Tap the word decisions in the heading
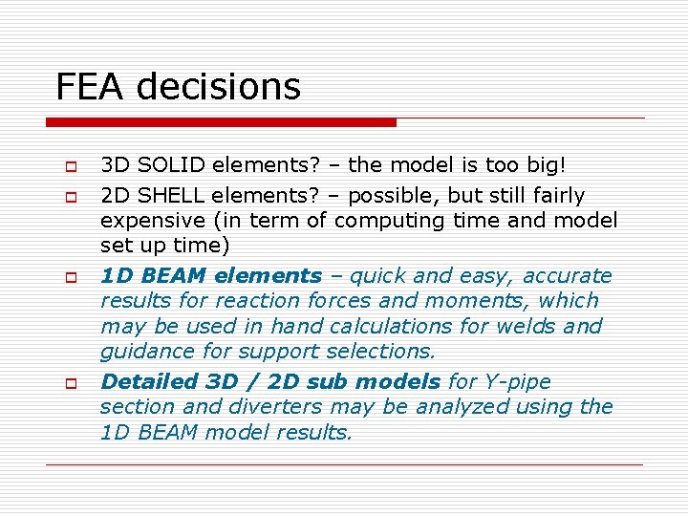click(219, 87)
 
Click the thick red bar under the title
click(221, 122)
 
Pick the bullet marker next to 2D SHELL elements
click(70, 196)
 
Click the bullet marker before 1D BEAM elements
click(70, 276)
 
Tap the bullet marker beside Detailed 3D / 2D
click(70, 382)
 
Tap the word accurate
click(567, 276)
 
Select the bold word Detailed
click(149, 382)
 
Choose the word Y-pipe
click(516, 382)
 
